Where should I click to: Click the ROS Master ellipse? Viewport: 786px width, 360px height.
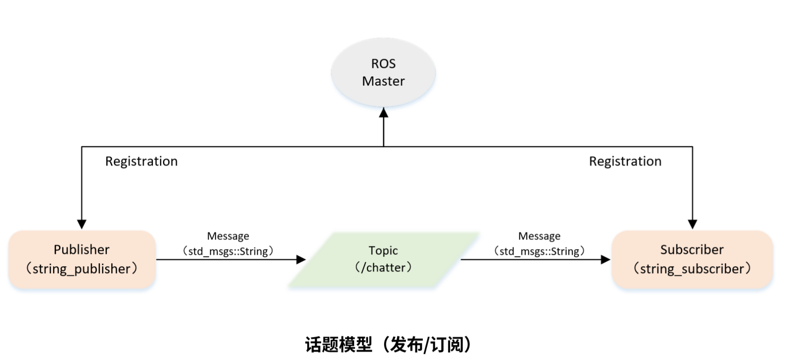pyautogui.click(x=383, y=72)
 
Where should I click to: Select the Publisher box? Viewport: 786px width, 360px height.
pyautogui.click(x=82, y=259)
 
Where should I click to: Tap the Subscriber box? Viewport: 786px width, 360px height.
pyautogui.click(x=692, y=259)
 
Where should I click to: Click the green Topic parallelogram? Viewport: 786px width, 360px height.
pyautogui.click(x=383, y=259)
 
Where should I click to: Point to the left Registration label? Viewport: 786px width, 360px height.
pyautogui.click(x=141, y=162)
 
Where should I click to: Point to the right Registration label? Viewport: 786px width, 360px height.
pyautogui.click(x=625, y=162)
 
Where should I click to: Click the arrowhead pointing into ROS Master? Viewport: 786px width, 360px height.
pyautogui.click(x=383, y=113)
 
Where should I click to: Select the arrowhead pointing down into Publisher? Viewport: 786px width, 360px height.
pyautogui.click(x=82, y=224)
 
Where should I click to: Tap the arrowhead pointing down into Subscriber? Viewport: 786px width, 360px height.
pyautogui.click(x=692, y=224)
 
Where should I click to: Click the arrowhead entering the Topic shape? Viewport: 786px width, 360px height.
pyautogui.click(x=301, y=260)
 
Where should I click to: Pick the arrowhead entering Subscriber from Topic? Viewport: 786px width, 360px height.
pyautogui.click(x=605, y=260)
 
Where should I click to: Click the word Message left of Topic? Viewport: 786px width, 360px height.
pyautogui.click(x=228, y=236)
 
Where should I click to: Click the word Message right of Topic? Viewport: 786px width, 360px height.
pyautogui.click(x=539, y=236)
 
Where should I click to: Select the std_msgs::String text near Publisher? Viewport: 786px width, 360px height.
pyautogui.click(x=228, y=251)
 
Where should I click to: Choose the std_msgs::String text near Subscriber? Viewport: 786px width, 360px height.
pyautogui.click(x=539, y=251)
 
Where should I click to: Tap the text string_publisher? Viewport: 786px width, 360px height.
pyautogui.click(x=82, y=269)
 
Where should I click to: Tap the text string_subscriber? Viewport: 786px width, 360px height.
pyautogui.click(x=692, y=269)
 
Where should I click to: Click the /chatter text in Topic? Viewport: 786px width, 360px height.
pyautogui.click(x=383, y=268)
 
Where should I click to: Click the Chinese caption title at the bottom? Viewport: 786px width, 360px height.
pyautogui.click(x=388, y=345)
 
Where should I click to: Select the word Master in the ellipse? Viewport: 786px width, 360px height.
pyautogui.click(x=383, y=81)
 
